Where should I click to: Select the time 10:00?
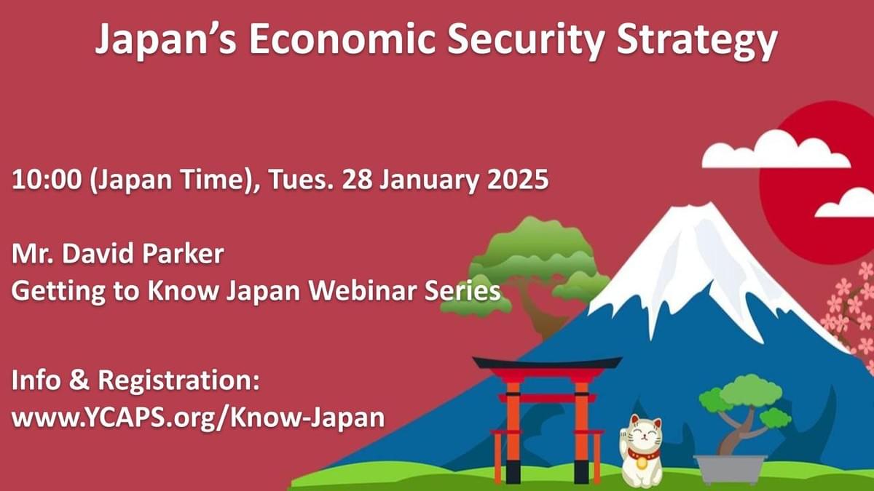pyautogui.click(x=47, y=180)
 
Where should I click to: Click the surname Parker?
pyautogui.click(x=183, y=254)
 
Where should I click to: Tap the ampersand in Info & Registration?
pyautogui.click(x=79, y=380)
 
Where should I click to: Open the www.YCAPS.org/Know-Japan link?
pyautogui.click(x=198, y=418)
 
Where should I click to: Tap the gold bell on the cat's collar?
pyautogui.click(x=641, y=463)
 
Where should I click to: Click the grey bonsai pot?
pyautogui.click(x=731, y=468)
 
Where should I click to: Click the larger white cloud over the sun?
pyautogui.click(x=776, y=151)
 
